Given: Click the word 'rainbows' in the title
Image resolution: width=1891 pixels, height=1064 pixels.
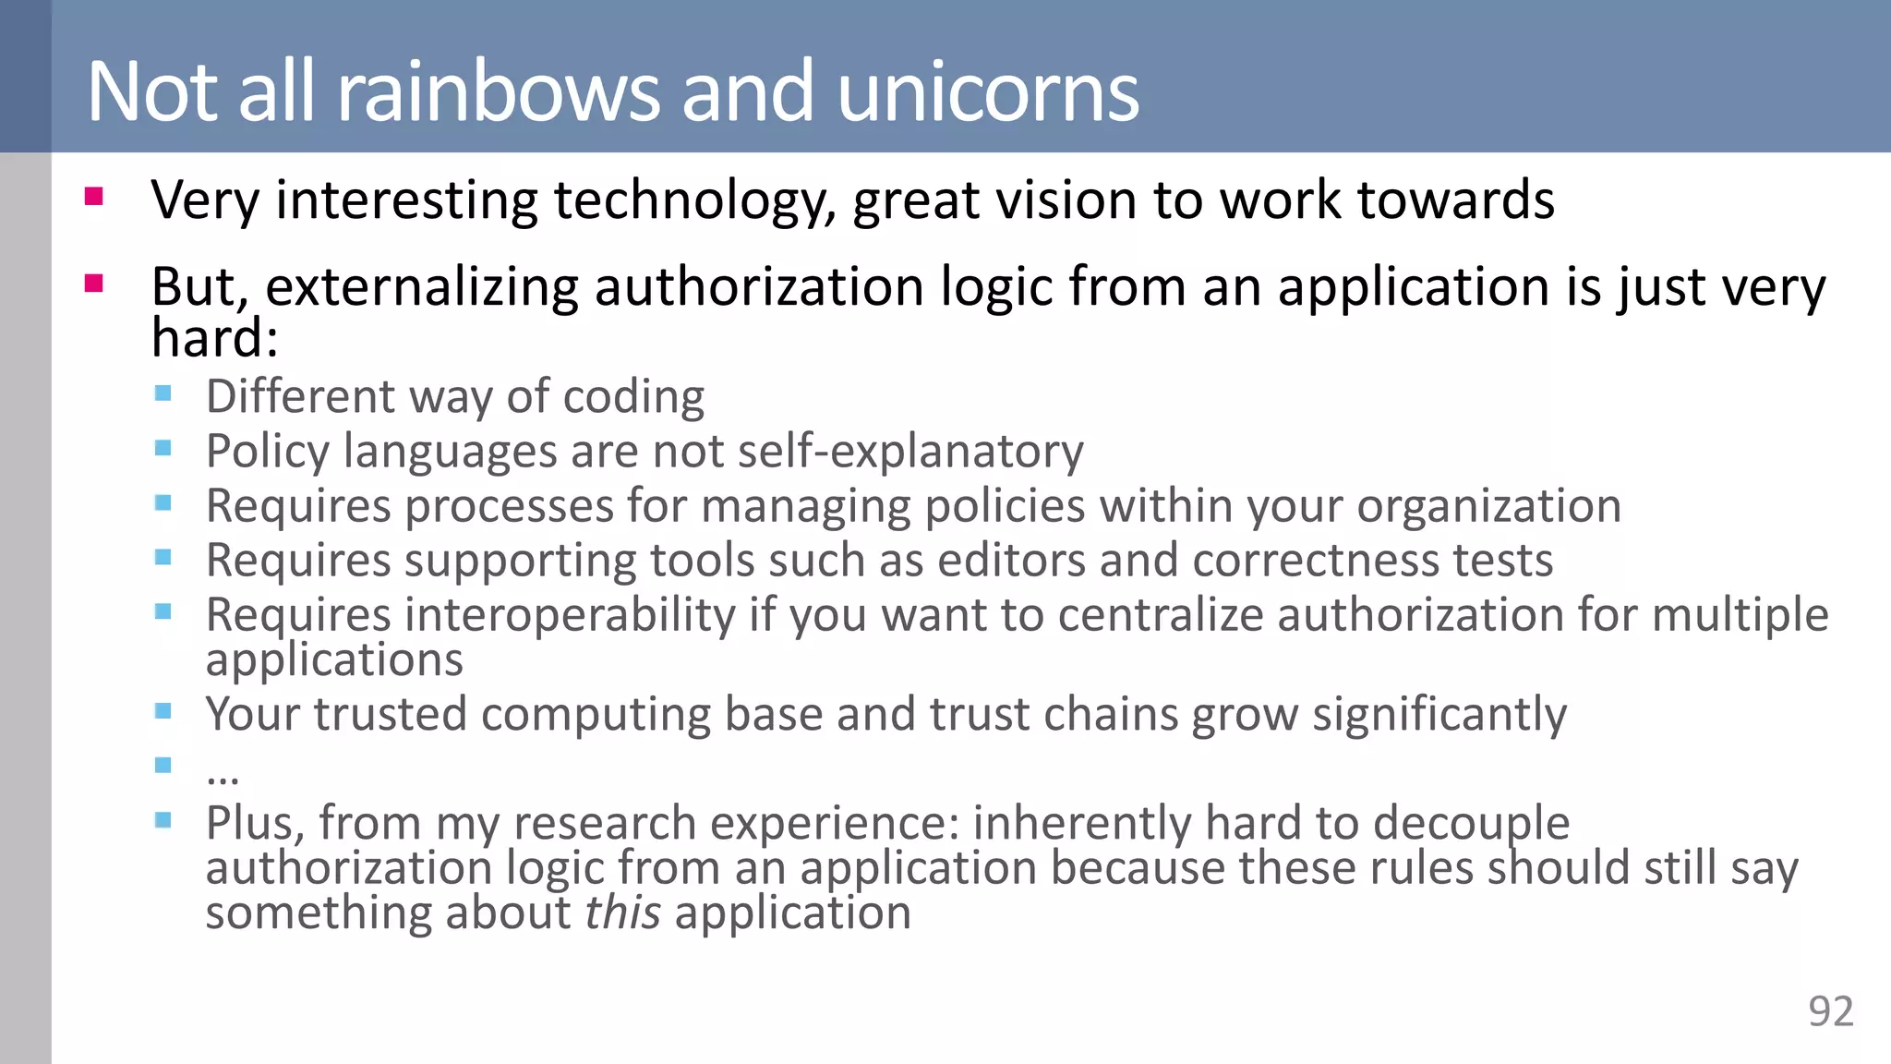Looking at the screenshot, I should click(500, 91).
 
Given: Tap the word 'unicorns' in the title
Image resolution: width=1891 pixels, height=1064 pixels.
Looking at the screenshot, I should click(988, 91).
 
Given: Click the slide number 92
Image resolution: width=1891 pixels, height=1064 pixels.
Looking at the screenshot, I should click(1830, 1011).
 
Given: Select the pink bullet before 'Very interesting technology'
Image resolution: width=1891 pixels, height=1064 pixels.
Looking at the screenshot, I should click(93, 196).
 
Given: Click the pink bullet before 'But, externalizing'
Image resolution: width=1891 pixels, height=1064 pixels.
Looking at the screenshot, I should click(93, 283).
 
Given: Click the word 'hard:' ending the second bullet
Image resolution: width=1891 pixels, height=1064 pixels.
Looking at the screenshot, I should click(214, 338).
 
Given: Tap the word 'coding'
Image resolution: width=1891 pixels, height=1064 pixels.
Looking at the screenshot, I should click(633, 397).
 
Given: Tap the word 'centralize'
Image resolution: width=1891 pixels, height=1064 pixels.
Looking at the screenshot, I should click(1161, 615).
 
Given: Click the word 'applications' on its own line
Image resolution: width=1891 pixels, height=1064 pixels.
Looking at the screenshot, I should click(334, 660).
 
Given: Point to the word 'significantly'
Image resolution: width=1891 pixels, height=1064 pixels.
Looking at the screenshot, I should click(1439, 715).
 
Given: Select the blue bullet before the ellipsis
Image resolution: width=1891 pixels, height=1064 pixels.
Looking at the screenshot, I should click(163, 765).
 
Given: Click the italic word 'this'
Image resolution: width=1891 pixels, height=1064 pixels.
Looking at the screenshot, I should click(622, 913).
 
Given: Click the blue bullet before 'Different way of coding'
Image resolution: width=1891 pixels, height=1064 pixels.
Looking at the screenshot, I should click(163, 393).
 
